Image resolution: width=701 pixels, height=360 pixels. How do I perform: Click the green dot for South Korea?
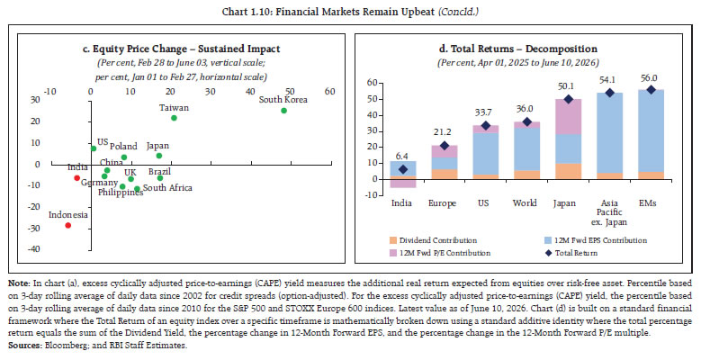283,111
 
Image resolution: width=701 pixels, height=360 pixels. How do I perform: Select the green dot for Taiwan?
174,118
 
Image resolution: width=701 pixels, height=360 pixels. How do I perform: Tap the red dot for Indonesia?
68,225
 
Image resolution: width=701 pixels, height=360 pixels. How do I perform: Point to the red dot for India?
76,178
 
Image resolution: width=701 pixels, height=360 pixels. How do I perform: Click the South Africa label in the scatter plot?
167,188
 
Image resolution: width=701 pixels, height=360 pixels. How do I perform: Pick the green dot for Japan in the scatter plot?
158,156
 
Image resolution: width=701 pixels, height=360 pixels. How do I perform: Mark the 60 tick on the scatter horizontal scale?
330,91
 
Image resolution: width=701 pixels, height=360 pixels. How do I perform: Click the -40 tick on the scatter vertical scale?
34,249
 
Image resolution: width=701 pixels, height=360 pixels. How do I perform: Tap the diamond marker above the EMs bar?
651,90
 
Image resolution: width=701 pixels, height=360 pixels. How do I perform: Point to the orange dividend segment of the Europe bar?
444,174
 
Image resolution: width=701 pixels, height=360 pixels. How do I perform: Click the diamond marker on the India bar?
403,169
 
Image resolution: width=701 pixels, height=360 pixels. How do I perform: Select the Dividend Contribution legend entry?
433,240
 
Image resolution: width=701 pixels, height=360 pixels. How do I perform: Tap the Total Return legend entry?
571,253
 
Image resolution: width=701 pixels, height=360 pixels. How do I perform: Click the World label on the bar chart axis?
525,203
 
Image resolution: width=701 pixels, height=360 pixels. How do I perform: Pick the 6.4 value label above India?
402,156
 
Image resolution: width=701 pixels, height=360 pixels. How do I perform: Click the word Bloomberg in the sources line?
52,346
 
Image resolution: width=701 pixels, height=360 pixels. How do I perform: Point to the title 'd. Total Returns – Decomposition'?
517,49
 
